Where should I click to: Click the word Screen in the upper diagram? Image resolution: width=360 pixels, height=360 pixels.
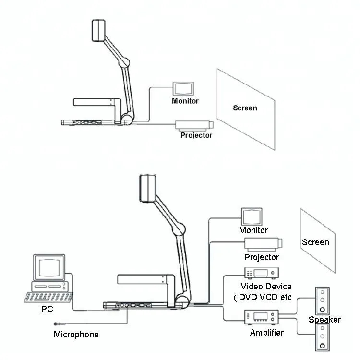(x=245, y=108)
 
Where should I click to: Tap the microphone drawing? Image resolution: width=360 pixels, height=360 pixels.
(x=62, y=324)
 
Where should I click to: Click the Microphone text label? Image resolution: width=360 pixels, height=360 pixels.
(x=76, y=335)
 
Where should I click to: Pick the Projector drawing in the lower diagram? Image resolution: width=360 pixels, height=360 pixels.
(x=263, y=243)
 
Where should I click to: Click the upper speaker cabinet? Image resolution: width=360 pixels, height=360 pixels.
(x=323, y=300)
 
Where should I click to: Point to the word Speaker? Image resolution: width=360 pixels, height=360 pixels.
(x=324, y=320)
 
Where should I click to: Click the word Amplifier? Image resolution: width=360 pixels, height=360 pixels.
(x=266, y=332)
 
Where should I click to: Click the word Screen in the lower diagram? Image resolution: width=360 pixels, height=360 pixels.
(x=315, y=242)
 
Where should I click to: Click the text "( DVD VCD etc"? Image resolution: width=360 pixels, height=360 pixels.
(x=263, y=297)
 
